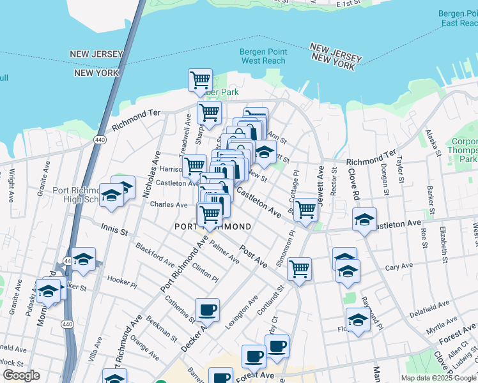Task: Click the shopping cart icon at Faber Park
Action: (x=201, y=80)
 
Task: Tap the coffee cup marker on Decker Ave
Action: (x=207, y=311)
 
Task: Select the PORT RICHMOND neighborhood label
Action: (x=213, y=227)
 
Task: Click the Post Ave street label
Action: (x=253, y=255)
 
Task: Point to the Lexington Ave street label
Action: (x=242, y=312)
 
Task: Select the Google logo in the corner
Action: (x=21, y=375)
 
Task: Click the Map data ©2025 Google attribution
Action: (x=438, y=378)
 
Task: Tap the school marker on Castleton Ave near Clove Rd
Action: (x=364, y=220)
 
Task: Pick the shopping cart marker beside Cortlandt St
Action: (x=299, y=269)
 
